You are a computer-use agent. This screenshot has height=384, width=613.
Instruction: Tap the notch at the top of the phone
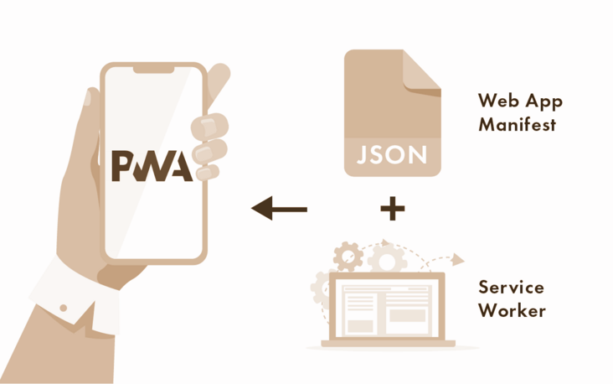[153, 69]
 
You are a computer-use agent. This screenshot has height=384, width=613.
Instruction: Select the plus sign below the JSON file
[392, 209]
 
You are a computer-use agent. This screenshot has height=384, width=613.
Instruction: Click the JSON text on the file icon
[392, 155]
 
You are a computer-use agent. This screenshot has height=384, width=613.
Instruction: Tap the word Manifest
[517, 126]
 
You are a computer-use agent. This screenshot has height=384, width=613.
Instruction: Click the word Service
[511, 288]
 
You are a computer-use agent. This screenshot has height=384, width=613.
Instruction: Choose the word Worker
[512, 311]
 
